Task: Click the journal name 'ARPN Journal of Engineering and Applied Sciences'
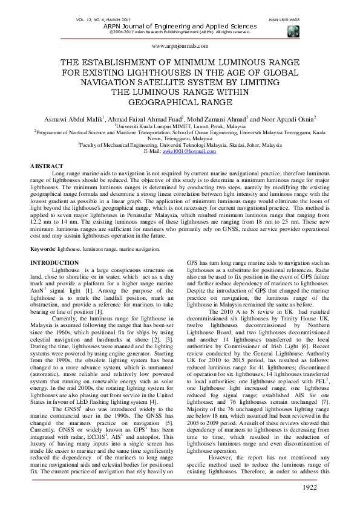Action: [179, 26]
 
